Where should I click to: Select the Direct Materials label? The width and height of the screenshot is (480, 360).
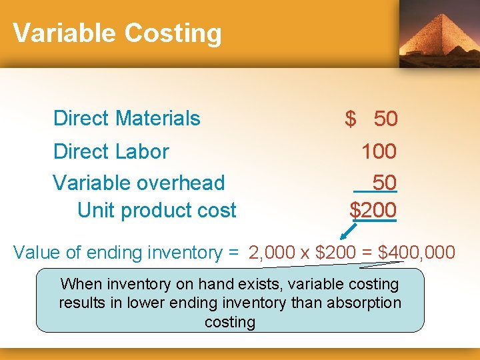coord(127,118)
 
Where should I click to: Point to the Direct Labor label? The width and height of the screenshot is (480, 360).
coord(111,151)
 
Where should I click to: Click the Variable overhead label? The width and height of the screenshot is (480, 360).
coord(139,182)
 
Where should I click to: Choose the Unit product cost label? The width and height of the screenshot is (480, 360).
coord(157,210)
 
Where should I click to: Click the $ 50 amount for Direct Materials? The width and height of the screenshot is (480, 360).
coord(371,119)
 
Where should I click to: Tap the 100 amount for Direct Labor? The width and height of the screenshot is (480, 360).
coord(379,151)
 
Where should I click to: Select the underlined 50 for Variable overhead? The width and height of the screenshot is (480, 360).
coord(384,182)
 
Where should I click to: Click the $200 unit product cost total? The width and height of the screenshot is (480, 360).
coord(373,210)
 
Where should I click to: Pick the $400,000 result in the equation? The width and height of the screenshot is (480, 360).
coord(417,253)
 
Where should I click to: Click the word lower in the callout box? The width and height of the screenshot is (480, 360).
coord(191,303)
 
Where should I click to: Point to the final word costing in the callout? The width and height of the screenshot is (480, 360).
coord(230,322)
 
